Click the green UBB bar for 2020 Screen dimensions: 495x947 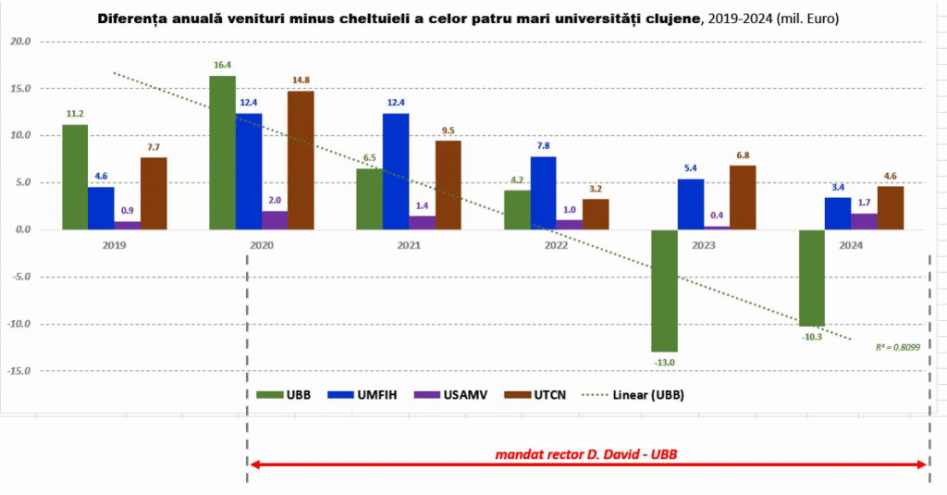[222, 153]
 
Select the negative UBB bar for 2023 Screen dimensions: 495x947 [663, 290]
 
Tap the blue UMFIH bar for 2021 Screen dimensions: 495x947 [396, 171]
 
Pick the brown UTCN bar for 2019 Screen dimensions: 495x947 [154, 193]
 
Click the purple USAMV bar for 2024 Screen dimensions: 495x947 [864, 221]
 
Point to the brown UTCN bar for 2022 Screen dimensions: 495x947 [596, 214]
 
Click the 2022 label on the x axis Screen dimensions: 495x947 [555, 245]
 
